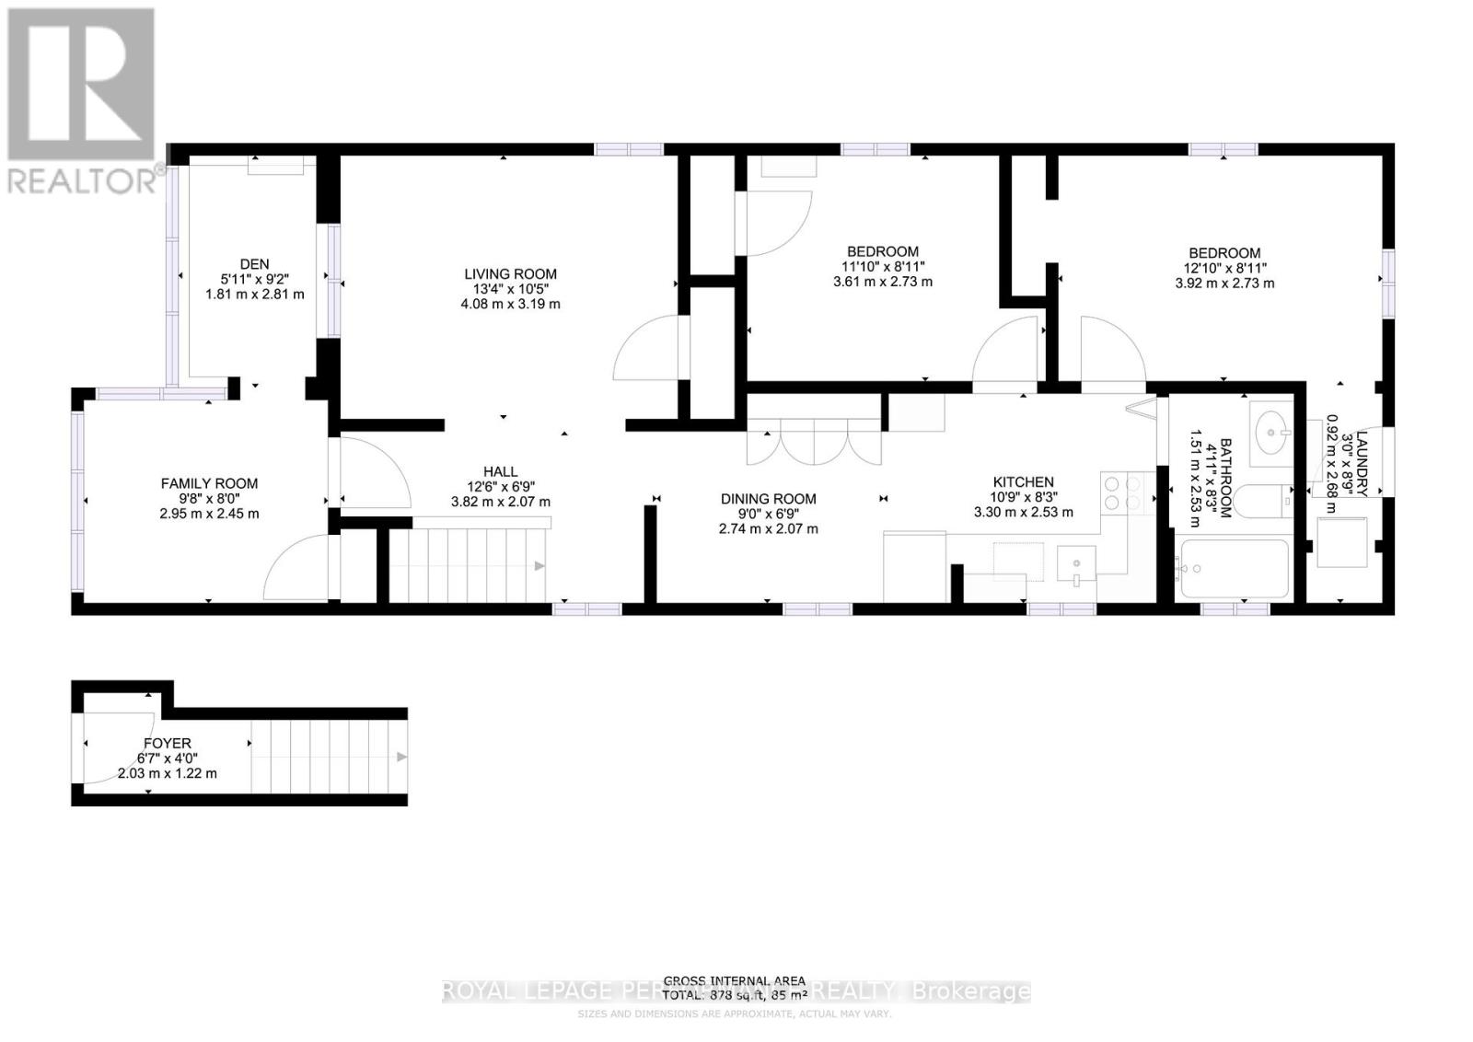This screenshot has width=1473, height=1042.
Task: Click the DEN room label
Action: [x=254, y=264]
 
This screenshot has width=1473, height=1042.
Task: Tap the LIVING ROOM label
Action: [x=510, y=273]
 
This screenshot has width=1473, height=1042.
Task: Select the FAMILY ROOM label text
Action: [x=209, y=483]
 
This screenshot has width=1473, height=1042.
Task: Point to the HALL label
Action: [x=500, y=471]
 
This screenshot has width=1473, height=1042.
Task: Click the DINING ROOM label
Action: [x=768, y=499]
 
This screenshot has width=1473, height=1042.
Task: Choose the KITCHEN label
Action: [x=1023, y=481]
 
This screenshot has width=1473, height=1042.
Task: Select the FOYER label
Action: [x=168, y=743]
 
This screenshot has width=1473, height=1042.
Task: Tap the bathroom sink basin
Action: [x=1274, y=429]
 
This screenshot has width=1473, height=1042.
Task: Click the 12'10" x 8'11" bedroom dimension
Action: [x=1224, y=269]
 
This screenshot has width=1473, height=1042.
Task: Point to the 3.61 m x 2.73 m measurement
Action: [x=883, y=282]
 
